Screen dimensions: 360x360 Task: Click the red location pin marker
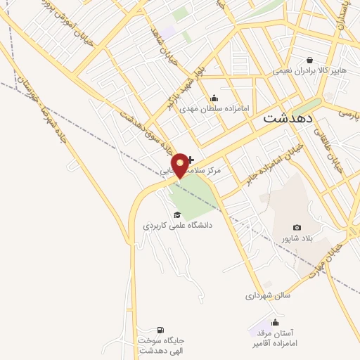click(180, 165)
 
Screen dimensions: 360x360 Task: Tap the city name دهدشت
click(287, 119)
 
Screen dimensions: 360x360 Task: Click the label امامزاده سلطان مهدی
click(214, 109)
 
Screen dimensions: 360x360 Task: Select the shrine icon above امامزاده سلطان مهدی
click(214, 98)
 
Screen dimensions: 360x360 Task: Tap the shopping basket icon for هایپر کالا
click(309, 60)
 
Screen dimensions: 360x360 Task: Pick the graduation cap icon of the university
click(177, 214)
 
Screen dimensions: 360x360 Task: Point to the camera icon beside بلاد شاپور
click(297, 228)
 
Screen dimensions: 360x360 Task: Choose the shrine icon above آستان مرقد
click(274, 323)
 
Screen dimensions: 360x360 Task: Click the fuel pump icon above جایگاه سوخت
click(160, 330)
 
